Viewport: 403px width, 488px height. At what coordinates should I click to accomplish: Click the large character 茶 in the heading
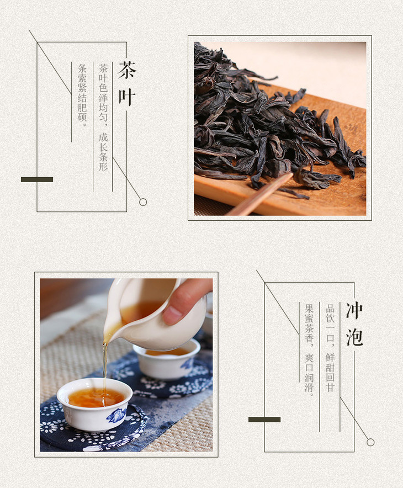pyautogui.click(x=126, y=70)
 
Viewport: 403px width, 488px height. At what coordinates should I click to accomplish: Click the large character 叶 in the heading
pyautogui.click(x=126, y=97)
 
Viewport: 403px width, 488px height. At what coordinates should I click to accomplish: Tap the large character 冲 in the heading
pyautogui.click(x=354, y=311)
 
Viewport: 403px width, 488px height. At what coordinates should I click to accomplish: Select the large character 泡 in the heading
pyautogui.click(x=354, y=337)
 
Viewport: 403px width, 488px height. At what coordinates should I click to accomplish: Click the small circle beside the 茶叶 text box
pyautogui.click(x=143, y=202)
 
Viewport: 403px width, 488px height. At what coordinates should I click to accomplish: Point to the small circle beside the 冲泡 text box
pyautogui.click(x=370, y=442)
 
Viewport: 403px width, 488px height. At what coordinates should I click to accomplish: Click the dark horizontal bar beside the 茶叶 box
pyautogui.click(x=37, y=179)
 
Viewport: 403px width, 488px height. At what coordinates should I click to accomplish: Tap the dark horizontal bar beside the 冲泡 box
pyautogui.click(x=264, y=420)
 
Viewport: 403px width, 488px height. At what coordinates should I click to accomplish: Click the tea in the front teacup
pyautogui.click(x=96, y=397)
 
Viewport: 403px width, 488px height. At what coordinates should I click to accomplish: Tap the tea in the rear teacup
pyautogui.click(x=167, y=352)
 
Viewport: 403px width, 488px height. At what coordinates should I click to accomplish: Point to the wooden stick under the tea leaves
pyautogui.click(x=260, y=195)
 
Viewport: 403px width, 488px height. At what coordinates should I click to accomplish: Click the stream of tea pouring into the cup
pyautogui.click(x=105, y=370)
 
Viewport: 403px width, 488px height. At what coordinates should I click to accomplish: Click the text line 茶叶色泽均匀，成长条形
pyautogui.click(x=103, y=118)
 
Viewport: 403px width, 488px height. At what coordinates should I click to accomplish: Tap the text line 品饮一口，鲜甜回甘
pyautogui.click(x=330, y=348)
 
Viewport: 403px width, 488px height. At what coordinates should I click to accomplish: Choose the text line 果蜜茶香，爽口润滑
pyautogui.click(x=309, y=350)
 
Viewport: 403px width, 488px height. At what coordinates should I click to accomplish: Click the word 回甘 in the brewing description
pyautogui.click(x=330, y=382)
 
